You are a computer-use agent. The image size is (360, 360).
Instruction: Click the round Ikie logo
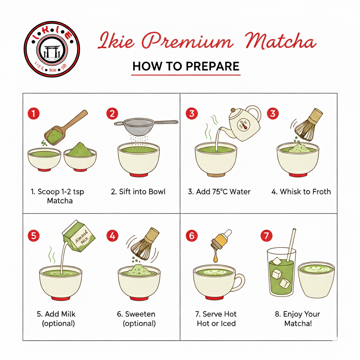click(52, 49)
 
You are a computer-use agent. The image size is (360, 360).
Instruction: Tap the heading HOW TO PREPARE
click(186, 66)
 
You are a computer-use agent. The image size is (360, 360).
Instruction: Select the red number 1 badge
click(34, 114)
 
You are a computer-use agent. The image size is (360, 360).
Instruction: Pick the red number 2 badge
click(112, 114)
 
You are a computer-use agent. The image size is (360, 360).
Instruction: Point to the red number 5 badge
click(34, 236)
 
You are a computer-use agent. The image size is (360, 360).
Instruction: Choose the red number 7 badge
click(266, 236)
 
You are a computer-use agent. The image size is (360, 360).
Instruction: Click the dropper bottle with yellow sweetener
click(219, 242)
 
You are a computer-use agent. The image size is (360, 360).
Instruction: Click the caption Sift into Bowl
click(138, 192)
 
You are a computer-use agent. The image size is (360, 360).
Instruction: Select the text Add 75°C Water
click(219, 192)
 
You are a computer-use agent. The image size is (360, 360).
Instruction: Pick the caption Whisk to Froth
click(301, 192)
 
